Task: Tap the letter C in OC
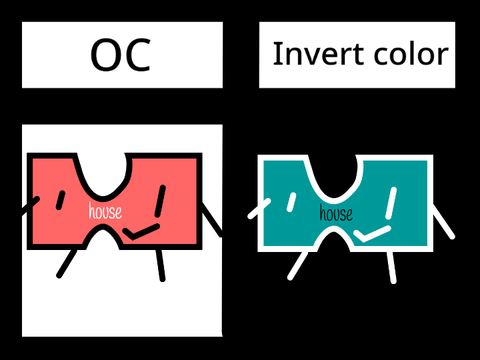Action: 138,55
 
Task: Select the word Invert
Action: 318,54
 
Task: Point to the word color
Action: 411,54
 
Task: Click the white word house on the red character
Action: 105,210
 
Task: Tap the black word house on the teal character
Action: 336,213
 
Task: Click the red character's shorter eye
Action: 60,200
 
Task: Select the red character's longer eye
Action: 160,201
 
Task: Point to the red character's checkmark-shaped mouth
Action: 141,232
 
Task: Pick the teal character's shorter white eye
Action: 291,202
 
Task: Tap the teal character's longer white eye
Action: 391,203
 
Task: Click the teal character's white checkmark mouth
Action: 372,233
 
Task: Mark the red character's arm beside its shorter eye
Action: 31,205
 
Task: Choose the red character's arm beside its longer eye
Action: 212,220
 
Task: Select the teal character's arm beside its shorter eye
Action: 259,209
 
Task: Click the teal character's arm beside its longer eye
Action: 444,222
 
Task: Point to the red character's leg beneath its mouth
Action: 161,265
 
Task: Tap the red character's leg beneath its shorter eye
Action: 67,263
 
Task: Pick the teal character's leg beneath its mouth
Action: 392,268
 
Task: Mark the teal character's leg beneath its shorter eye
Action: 298,266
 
